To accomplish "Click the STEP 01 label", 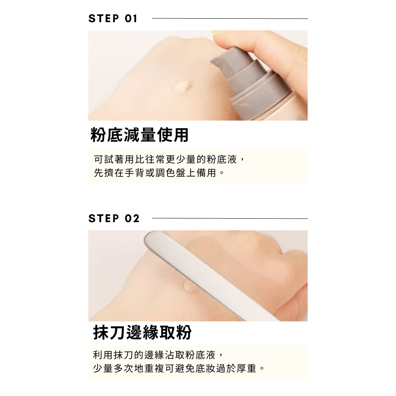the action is (x=112, y=19).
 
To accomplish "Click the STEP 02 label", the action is (x=114, y=219).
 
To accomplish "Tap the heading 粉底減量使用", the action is (x=139, y=135).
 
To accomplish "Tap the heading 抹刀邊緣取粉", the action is (x=143, y=332).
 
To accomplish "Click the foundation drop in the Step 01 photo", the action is (x=181, y=87).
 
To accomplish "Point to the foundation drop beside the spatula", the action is (x=189, y=286).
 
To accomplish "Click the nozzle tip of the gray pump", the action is (x=212, y=62).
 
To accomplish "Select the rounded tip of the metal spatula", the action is (x=149, y=237).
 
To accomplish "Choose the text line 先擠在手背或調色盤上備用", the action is (x=159, y=173).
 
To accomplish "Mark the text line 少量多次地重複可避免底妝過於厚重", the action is (x=179, y=368).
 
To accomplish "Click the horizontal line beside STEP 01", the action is (x=230, y=19).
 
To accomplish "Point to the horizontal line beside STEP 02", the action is (x=230, y=219).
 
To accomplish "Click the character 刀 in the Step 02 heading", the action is (x=118, y=332).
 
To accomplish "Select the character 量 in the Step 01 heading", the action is (x=148, y=135).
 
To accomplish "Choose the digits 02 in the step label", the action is (x=132, y=219).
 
